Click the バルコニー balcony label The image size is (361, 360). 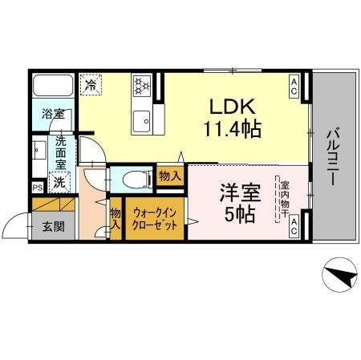tap(332, 156)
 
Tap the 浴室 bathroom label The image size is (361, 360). tap(53, 114)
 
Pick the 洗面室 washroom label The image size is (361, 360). tap(59, 153)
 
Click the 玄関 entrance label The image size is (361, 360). tap(54, 227)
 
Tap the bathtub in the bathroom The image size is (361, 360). tap(53, 86)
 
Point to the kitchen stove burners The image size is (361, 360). tap(142, 84)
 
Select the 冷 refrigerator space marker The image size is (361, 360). tap(91, 84)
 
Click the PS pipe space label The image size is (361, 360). tap(37, 188)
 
